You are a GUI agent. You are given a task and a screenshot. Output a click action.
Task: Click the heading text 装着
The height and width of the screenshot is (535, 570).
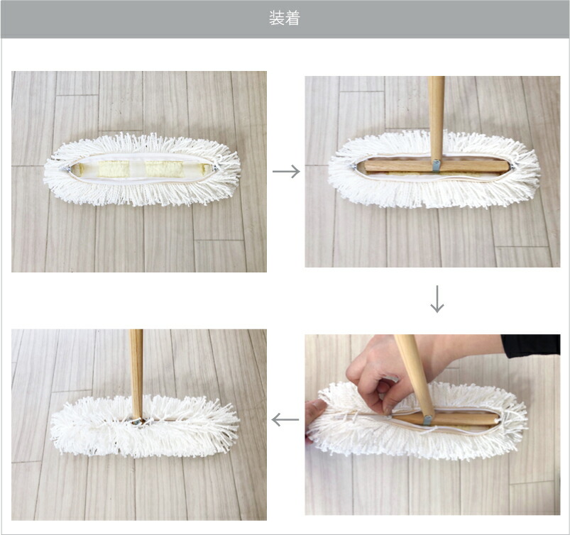pos(284,18)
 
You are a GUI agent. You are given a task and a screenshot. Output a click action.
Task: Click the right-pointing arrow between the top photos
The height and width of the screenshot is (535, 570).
pos(286,171)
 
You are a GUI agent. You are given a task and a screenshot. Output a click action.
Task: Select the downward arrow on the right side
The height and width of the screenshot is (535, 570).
pos(437,299)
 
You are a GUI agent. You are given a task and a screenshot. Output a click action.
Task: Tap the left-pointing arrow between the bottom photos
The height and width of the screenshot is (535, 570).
pos(285,420)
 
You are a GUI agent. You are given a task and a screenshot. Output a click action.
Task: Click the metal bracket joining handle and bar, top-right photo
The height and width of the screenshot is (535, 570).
pos(436,165)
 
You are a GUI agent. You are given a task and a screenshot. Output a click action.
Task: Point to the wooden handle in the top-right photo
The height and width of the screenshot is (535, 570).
pos(436,118)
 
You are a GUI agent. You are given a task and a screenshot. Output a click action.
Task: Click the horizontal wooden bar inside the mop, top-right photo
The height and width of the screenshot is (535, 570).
pos(437,167)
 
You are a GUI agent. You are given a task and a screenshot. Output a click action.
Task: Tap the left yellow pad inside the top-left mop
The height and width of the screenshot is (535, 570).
pos(114,169)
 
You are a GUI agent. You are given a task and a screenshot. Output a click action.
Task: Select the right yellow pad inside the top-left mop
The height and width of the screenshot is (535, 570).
pos(165,169)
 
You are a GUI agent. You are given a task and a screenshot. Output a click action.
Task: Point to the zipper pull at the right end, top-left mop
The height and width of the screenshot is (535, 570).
pos(216,167)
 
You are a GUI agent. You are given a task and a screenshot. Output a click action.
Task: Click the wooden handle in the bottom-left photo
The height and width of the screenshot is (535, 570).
pos(136,375)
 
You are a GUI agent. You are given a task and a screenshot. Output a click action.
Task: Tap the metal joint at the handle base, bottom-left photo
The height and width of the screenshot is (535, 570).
pos(137,421)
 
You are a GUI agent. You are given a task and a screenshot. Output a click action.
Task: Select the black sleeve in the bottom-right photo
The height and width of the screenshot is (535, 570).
pos(531,346)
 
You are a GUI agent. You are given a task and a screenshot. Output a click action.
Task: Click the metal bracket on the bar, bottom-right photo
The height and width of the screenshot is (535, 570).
pos(427,420)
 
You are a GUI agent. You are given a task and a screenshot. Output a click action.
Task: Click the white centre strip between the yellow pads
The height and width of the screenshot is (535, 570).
pos(138,169)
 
